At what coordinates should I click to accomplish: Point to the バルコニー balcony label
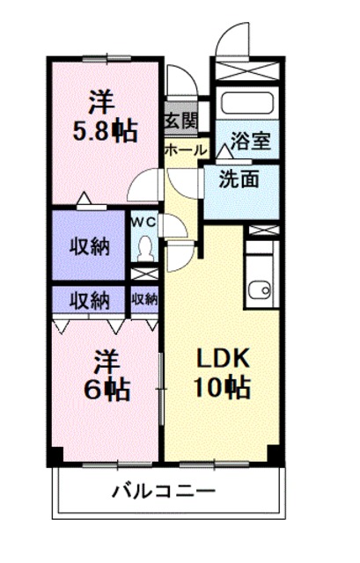pos(163,490)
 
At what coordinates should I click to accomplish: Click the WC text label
pos(143,222)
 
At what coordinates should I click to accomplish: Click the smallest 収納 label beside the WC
pos(144,298)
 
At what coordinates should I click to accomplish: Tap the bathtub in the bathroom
pos(247,102)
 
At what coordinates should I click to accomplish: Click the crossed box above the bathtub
pos(247,70)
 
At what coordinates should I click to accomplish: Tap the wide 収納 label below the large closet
pos(90,299)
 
